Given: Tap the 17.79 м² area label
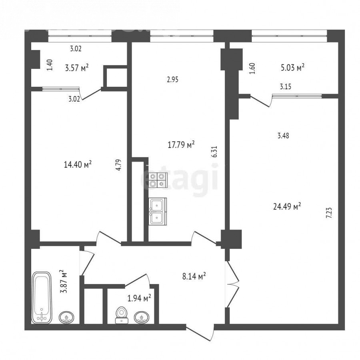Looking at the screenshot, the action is pyautogui.click(x=181, y=145).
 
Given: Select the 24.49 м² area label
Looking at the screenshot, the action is pyautogui.click(x=287, y=206).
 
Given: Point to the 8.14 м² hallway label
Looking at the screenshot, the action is pyautogui.click(x=194, y=276).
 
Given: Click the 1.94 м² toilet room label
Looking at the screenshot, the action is pyautogui.click(x=139, y=298).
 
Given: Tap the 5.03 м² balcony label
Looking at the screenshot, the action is pyautogui.click(x=293, y=68).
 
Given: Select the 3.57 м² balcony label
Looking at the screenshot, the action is pyautogui.click(x=77, y=68).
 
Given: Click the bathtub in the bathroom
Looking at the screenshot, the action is pyautogui.click(x=42, y=298).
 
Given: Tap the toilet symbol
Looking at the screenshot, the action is pyautogui.click(x=122, y=315).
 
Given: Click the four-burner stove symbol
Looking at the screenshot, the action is pyautogui.click(x=157, y=180).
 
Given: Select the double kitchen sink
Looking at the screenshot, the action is pyautogui.click(x=158, y=211).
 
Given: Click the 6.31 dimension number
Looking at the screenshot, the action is pyautogui.click(x=215, y=152).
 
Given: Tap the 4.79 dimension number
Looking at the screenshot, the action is pyautogui.click(x=119, y=165).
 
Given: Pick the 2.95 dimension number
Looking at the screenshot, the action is pyautogui.click(x=173, y=80).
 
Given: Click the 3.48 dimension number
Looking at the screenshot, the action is pyautogui.click(x=283, y=136).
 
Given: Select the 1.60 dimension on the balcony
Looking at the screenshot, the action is pyautogui.click(x=252, y=68).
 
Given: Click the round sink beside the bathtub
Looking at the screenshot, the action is pyautogui.click(x=66, y=317).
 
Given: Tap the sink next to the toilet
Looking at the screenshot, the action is pyautogui.click(x=142, y=317).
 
